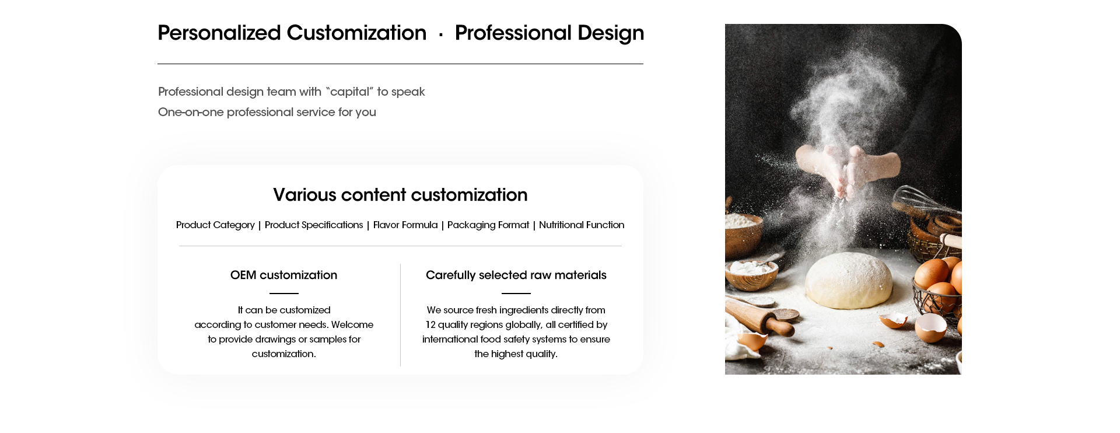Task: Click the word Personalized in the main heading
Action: pos(219,33)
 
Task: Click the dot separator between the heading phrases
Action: pos(441,35)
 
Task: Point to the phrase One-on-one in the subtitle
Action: pos(191,112)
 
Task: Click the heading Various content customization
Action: pos(400,195)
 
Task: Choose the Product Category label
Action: pos(215,225)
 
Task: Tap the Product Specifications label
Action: pos(314,225)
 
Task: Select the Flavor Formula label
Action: pos(405,225)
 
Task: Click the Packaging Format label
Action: pos(488,225)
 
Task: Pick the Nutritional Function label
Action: pos(582,225)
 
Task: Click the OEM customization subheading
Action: pos(283,275)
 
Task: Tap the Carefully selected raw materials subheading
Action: pos(516,275)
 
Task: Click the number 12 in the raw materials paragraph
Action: pos(430,324)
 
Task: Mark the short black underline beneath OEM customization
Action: pos(284,294)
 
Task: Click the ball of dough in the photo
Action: pos(849,280)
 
